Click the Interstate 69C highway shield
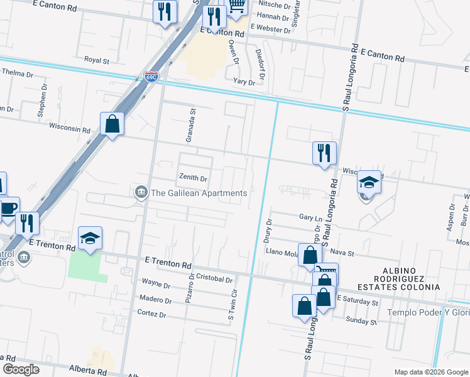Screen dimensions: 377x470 [x=151, y=77]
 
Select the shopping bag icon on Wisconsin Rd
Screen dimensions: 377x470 [x=112, y=124]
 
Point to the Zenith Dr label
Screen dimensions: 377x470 [x=193, y=178]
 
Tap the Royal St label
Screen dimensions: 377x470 [x=97, y=61]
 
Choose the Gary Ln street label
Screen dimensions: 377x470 [x=306, y=217]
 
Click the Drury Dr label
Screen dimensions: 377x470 [x=268, y=231]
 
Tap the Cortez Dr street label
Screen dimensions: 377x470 [x=153, y=314]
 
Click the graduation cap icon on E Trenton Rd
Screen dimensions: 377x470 [x=90, y=238]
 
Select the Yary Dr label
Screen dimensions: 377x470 [x=244, y=82]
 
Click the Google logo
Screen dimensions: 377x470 [x=21, y=369]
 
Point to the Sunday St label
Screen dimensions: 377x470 [x=361, y=322]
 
